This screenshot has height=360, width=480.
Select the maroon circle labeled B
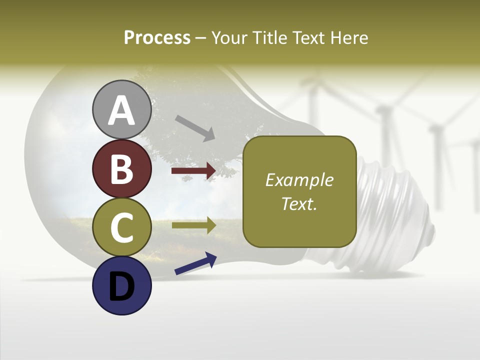point(121,169)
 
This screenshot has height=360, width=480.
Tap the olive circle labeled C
point(121,227)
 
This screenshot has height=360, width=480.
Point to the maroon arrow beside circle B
point(193,171)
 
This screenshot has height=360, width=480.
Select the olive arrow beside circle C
point(193,225)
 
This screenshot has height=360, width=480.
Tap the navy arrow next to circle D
point(195,264)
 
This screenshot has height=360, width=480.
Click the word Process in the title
point(157,38)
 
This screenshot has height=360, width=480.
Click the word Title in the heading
point(267,38)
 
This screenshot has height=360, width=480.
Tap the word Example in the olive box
point(299,180)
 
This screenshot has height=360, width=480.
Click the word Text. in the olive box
point(299,204)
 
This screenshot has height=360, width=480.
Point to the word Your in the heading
point(230,38)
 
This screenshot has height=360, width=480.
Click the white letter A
point(121,111)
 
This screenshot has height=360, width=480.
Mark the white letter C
point(121,228)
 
